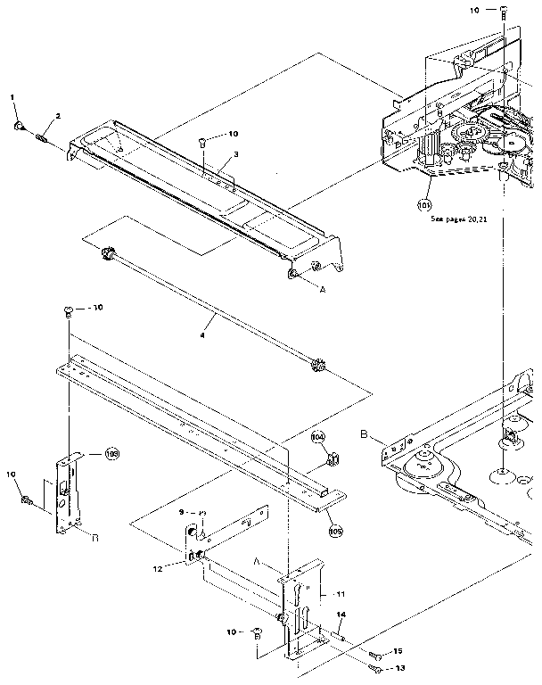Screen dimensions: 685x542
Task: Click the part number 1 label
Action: click(x=13, y=95)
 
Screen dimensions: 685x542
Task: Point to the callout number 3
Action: click(x=235, y=154)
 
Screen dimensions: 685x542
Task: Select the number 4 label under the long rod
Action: click(x=202, y=335)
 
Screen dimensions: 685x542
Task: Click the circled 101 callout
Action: click(x=424, y=204)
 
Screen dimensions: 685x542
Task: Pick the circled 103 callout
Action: click(x=111, y=453)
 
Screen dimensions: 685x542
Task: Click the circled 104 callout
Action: click(x=318, y=438)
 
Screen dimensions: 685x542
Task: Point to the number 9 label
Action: click(x=181, y=512)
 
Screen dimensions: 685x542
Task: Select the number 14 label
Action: click(x=341, y=615)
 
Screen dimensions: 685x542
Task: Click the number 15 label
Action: click(x=398, y=652)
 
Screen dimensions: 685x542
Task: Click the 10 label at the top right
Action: click(x=473, y=9)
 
